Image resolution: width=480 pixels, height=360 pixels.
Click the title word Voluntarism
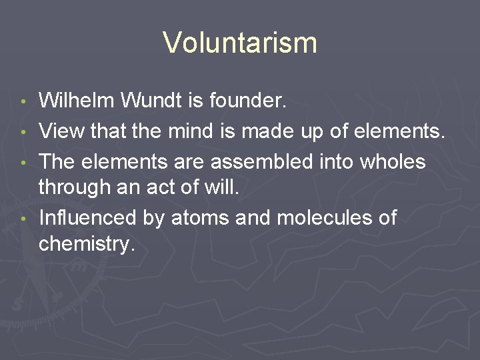pos(240,43)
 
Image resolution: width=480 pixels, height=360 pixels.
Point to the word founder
pos(247,101)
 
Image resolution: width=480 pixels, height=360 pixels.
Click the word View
pos(61,131)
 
